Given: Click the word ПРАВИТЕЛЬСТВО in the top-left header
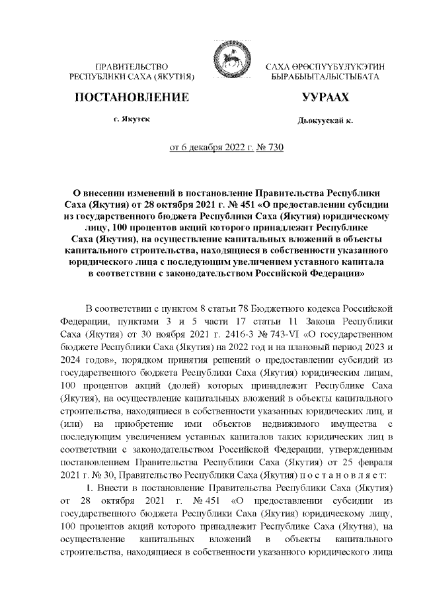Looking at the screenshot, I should [132, 68].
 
